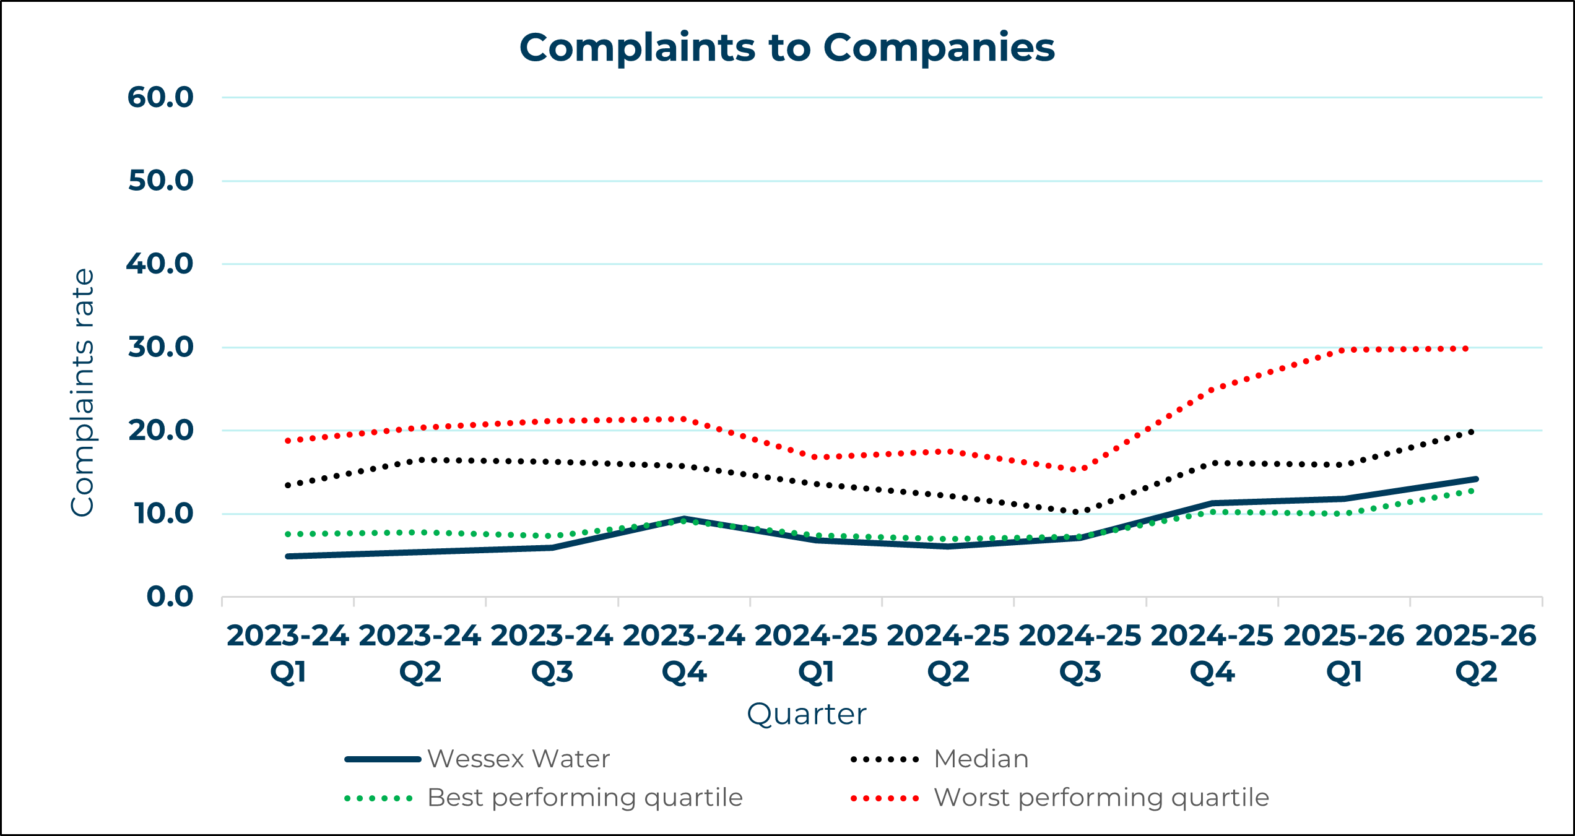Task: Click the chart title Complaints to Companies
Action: (787, 48)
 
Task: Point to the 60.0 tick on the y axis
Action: (160, 97)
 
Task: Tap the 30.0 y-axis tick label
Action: (160, 347)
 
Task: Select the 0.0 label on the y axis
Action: (170, 597)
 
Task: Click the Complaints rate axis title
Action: (82, 392)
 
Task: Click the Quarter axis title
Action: (806, 714)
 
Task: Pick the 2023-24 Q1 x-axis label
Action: (288, 653)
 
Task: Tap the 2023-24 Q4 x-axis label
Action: (684, 653)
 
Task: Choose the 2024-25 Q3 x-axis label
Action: (1080, 653)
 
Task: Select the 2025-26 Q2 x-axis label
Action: (1476, 653)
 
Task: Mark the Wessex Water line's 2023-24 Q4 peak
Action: (684, 519)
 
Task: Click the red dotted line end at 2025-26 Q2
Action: (1467, 349)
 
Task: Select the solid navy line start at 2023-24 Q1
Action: (289, 556)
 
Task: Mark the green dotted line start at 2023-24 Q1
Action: (289, 534)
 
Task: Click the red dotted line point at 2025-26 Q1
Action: (1343, 350)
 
